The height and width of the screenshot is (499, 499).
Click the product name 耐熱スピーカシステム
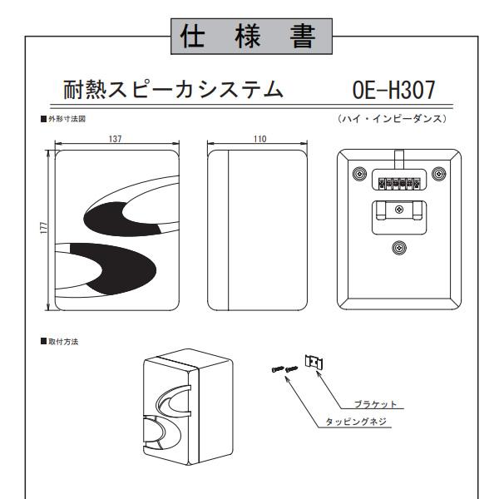[172, 89]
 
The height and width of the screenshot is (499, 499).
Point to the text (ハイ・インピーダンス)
[393, 120]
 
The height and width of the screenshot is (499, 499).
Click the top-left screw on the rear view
[358, 175]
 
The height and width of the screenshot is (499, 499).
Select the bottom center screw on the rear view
[399, 247]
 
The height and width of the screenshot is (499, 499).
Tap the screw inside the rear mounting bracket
[399, 209]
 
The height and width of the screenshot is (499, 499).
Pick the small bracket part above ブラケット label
[314, 363]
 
